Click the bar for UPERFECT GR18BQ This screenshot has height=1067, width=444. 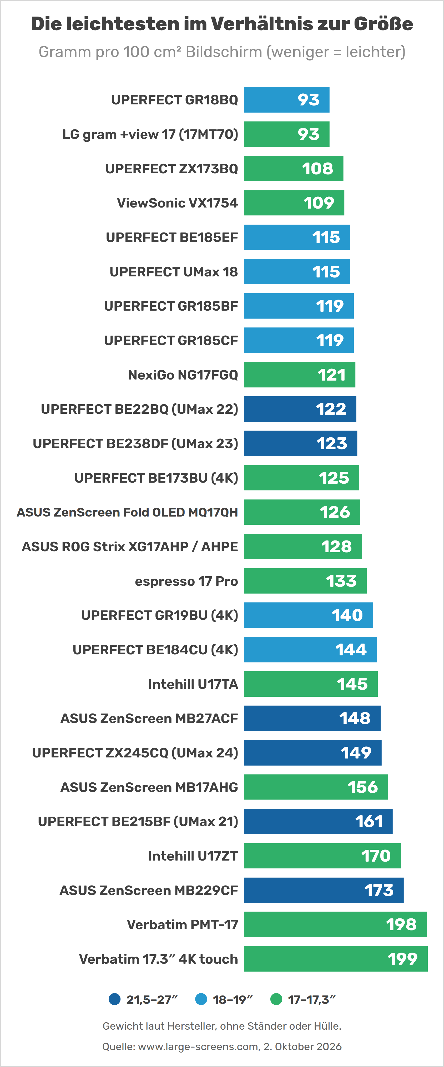[287, 100]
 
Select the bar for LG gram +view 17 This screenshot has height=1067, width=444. [287, 134]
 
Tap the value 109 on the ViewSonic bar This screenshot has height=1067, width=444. [319, 203]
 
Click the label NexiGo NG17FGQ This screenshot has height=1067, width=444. [183, 375]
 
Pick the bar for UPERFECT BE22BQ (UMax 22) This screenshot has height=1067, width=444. [300, 409]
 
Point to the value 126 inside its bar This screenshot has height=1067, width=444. [335, 512]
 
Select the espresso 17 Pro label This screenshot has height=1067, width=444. [186, 581]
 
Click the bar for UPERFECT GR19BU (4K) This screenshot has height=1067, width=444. [309, 615]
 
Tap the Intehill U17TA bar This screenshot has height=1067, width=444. [311, 684]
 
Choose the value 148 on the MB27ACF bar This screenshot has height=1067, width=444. [355, 719]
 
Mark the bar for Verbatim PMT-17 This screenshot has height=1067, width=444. [335, 924]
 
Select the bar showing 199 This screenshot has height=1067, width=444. [336, 959]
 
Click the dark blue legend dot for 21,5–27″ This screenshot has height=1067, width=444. [114, 999]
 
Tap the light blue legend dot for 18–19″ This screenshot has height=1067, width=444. [201, 999]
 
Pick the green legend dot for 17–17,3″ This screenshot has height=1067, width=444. [276, 999]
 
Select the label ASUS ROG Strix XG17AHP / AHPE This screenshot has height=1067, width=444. [130, 547]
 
